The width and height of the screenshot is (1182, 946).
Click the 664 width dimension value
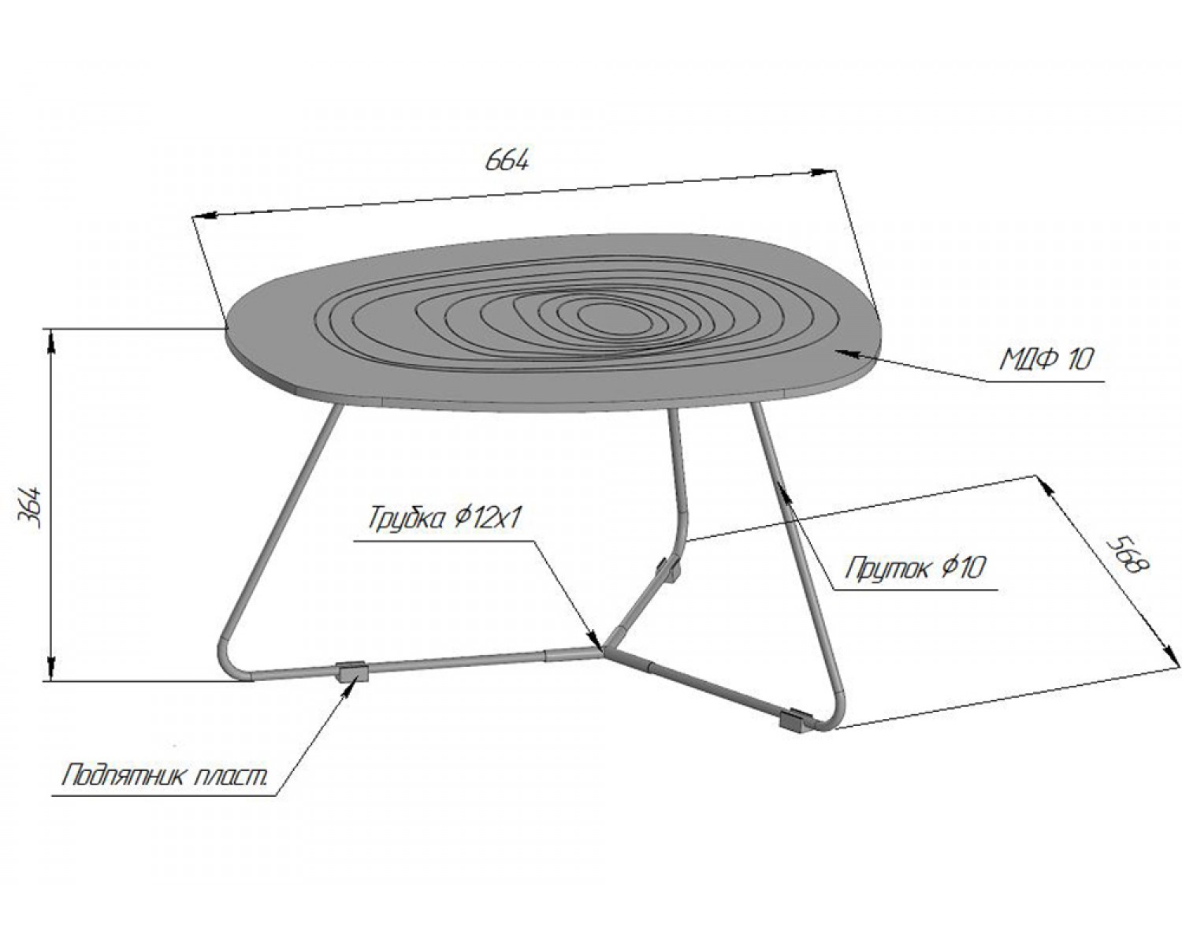click(x=507, y=160)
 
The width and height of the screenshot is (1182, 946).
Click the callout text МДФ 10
click(x=1046, y=359)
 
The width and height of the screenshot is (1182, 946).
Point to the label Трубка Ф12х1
click(x=443, y=518)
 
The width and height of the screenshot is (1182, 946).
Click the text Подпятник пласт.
click(x=165, y=777)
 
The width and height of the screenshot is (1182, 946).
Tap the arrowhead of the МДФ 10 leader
click(x=846, y=353)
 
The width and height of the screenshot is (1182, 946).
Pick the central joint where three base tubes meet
click(x=604, y=651)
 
